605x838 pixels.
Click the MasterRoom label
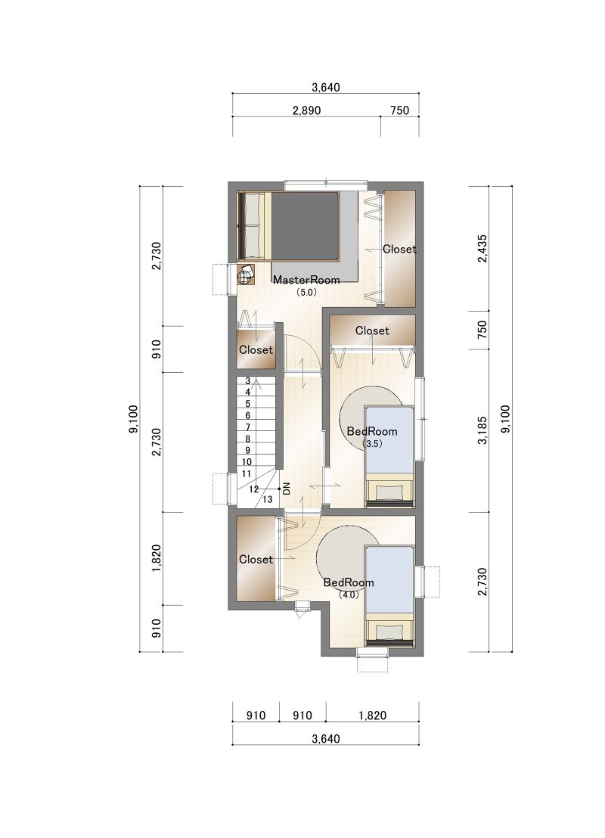[x=306, y=280]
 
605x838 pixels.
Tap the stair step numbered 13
[x=267, y=499]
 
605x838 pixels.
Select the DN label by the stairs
[x=287, y=489]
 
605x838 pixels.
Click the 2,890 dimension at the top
[x=306, y=110]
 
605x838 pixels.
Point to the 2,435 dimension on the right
[x=482, y=248]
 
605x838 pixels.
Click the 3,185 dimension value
[x=482, y=431]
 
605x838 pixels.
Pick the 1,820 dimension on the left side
[x=156, y=558]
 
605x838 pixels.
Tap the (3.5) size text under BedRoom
[x=372, y=444]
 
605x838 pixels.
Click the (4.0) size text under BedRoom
[x=349, y=594]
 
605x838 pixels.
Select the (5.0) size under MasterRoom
[x=306, y=293]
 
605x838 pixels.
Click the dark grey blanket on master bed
[x=305, y=227]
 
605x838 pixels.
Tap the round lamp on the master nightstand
[x=244, y=276]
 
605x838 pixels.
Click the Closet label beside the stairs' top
[x=256, y=349]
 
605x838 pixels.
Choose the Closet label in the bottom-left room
[x=256, y=559]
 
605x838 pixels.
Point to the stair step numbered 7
[x=247, y=427]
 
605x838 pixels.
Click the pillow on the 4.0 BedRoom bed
[x=389, y=632]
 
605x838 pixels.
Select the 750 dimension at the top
[x=400, y=110]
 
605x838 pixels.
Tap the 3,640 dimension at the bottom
[x=325, y=739]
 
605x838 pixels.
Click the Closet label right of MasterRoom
[x=399, y=249]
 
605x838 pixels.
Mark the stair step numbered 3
[x=247, y=381]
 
